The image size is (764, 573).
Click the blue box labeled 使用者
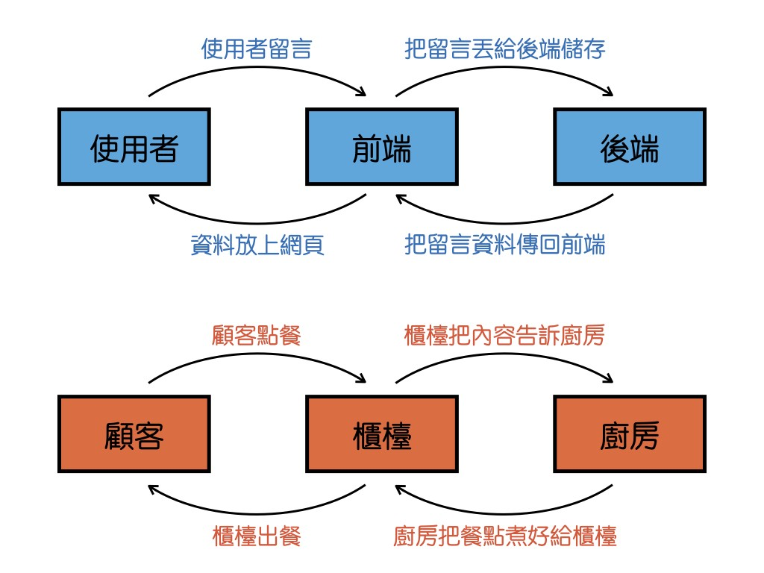[134, 147]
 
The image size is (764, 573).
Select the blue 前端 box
[381, 147]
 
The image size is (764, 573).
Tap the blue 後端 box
[629, 147]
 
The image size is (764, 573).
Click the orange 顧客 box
[134, 434]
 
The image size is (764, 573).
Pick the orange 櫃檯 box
[381, 434]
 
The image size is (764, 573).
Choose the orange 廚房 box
[629, 434]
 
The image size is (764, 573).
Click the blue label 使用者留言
[256, 49]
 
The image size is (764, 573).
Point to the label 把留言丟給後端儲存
[504, 49]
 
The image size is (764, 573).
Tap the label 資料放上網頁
[257, 245]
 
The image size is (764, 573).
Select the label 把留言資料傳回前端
[504, 245]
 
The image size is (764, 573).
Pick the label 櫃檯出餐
[256, 536]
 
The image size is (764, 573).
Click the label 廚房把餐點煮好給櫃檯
[504, 536]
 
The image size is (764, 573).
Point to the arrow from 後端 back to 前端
[504, 222]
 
